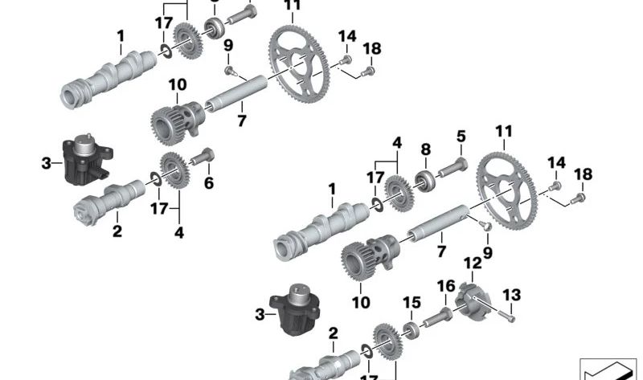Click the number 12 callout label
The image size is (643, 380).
pyautogui.click(x=473, y=263)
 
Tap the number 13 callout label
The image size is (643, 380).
pyautogui.click(x=512, y=295)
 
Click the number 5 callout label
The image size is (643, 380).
pyautogui.click(x=461, y=137)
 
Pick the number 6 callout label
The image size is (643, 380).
pyautogui.click(x=209, y=183)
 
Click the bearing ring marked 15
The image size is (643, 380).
pyautogui.click(x=410, y=329)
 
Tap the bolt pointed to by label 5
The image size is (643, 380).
pyautogui.click(x=454, y=166)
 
